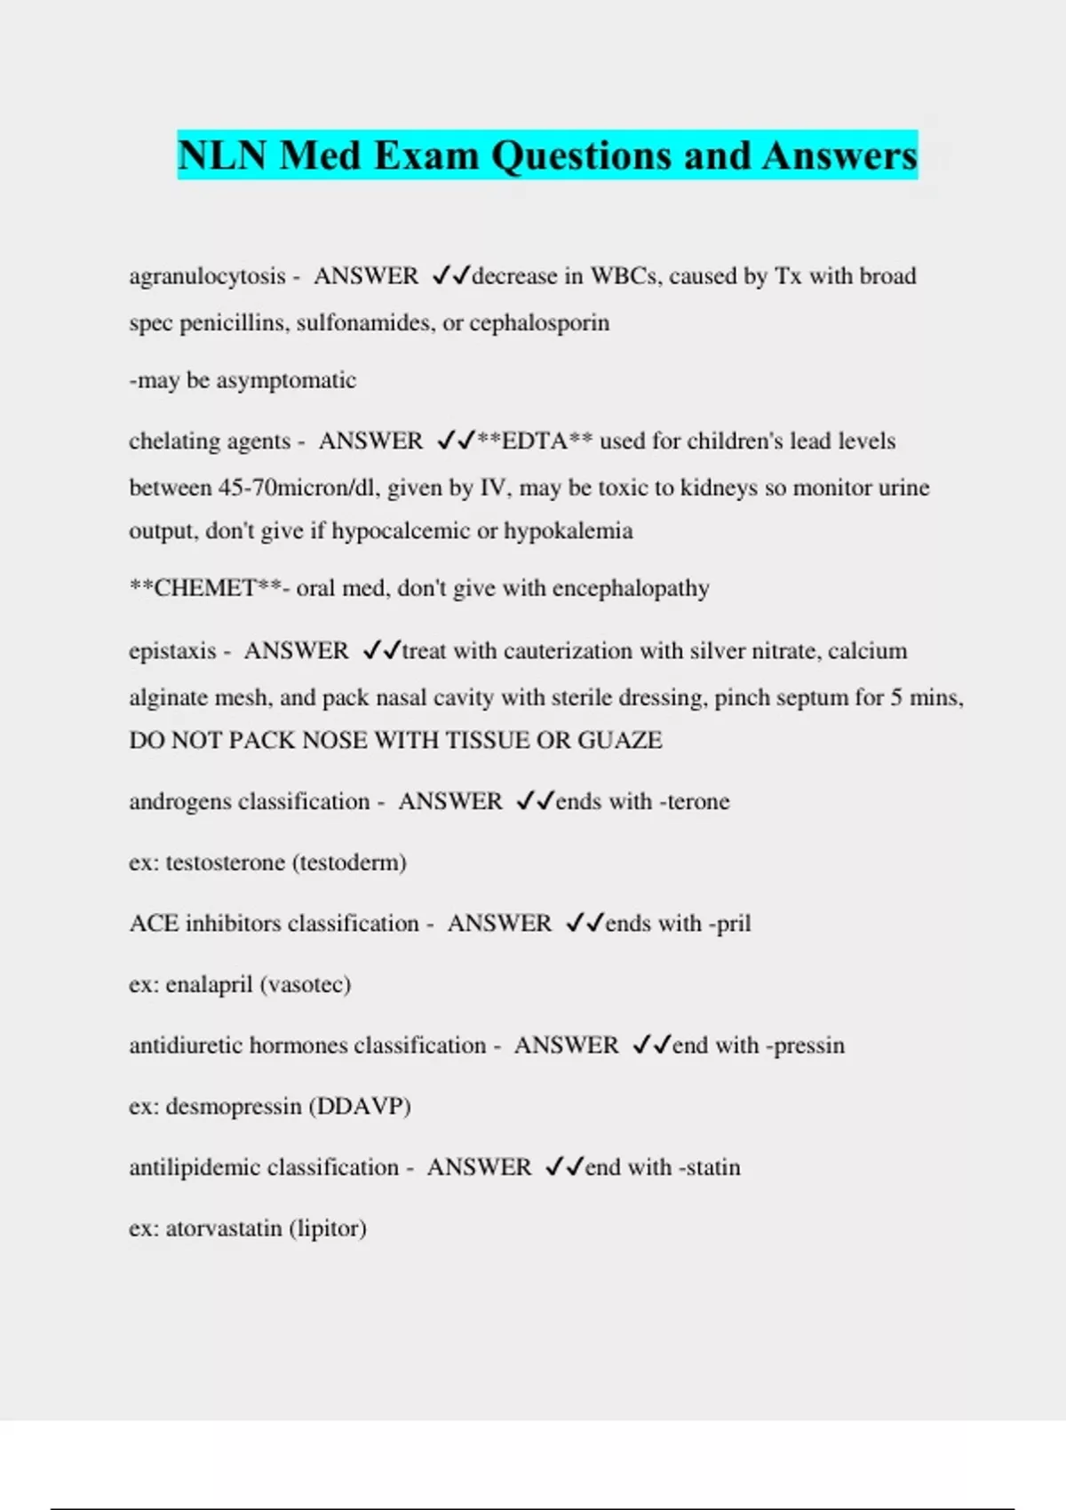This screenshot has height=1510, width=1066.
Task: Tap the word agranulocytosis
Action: pyautogui.click(x=208, y=276)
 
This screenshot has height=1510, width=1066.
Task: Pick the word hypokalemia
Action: pyautogui.click(x=569, y=531)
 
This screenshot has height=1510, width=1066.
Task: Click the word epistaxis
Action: pyautogui.click(x=172, y=651)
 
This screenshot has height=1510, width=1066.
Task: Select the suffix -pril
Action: pyautogui.click(x=729, y=924)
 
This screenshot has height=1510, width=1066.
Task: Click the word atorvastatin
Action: pyautogui.click(x=224, y=1228)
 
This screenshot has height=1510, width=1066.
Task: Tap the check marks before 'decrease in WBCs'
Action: pyautogui.click(x=450, y=276)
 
